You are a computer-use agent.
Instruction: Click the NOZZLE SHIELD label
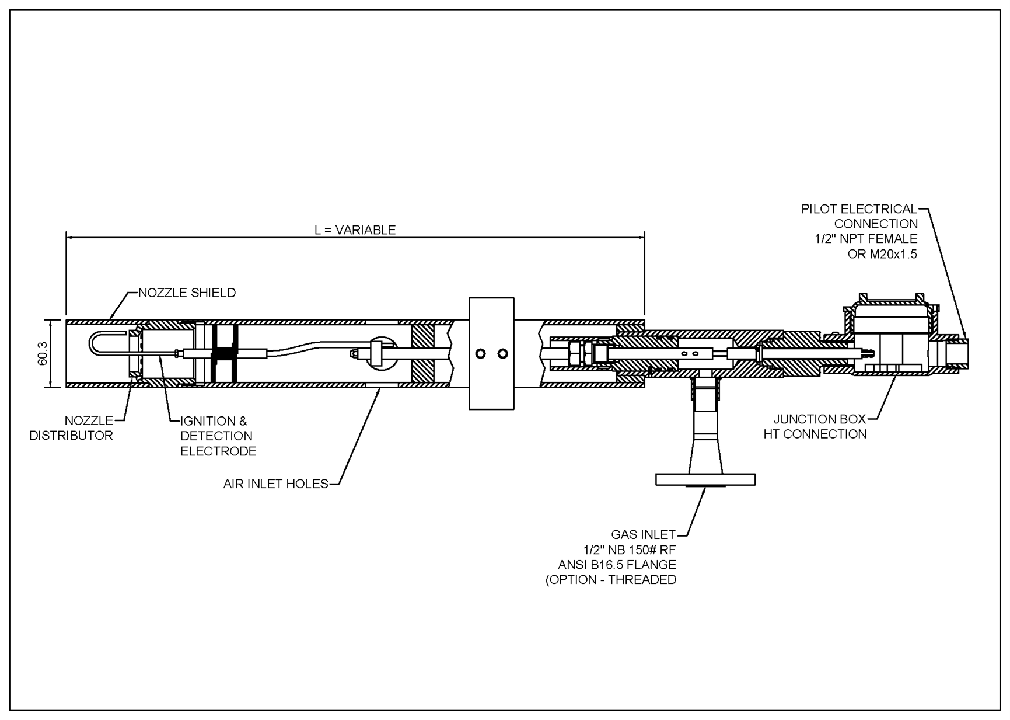pyautogui.click(x=187, y=293)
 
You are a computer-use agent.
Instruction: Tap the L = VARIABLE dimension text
pyautogui.click(x=355, y=230)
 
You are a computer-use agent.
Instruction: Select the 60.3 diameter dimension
pyautogui.click(x=43, y=353)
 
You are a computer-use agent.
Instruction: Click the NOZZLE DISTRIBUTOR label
pyautogui.click(x=71, y=428)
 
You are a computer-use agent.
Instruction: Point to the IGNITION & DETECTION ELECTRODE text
pyautogui.click(x=218, y=436)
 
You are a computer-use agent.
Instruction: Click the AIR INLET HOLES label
pyautogui.click(x=275, y=484)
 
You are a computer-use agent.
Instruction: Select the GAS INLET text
pyautogui.click(x=643, y=534)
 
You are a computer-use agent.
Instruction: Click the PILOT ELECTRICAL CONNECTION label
pyautogui.click(x=859, y=216)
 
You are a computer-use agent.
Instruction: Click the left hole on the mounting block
pyautogui.click(x=481, y=353)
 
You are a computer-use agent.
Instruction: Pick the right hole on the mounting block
pyautogui.click(x=503, y=353)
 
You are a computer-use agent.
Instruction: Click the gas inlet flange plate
pyautogui.click(x=705, y=480)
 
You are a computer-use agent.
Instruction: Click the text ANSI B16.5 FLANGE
pyautogui.click(x=617, y=565)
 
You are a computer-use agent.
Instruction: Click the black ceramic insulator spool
pyautogui.click(x=225, y=354)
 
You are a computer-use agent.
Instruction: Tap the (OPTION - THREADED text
pyautogui.click(x=610, y=580)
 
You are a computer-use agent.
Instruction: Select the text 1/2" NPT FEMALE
pyautogui.click(x=866, y=239)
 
